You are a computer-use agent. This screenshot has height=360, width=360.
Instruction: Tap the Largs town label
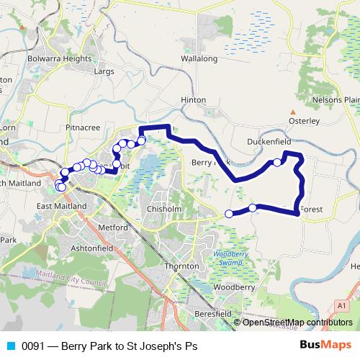point(105,71)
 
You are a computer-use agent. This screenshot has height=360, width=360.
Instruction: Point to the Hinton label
point(194,100)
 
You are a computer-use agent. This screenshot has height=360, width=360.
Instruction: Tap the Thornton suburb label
point(181,266)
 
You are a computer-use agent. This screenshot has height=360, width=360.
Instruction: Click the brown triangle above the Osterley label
point(293,112)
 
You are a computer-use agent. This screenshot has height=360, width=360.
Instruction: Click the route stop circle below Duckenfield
point(277,163)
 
